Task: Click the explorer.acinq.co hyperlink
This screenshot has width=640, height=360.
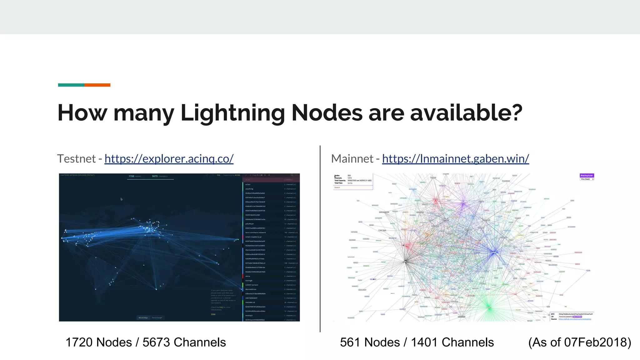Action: point(169,159)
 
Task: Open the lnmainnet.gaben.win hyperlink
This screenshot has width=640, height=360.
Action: point(455,159)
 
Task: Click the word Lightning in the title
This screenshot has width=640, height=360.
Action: point(232,113)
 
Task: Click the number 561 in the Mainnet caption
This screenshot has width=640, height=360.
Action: point(349,342)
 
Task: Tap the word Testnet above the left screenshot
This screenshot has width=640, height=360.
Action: point(76,159)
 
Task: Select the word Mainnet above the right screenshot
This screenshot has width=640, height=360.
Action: point(352,159)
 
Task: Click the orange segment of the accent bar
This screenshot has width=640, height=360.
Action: point(97,85)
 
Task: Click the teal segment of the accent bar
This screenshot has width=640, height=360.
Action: point(71,85)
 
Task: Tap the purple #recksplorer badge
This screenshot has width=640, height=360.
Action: point(587,176)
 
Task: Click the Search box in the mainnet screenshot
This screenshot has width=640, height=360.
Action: point(353,187)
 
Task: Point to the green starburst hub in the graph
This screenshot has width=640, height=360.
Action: point(489,308)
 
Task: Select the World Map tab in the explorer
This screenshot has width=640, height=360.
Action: point(143,318)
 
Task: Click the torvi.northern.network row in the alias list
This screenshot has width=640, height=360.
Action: point(256,232)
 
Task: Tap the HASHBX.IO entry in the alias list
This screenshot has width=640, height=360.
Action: point(250,302)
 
